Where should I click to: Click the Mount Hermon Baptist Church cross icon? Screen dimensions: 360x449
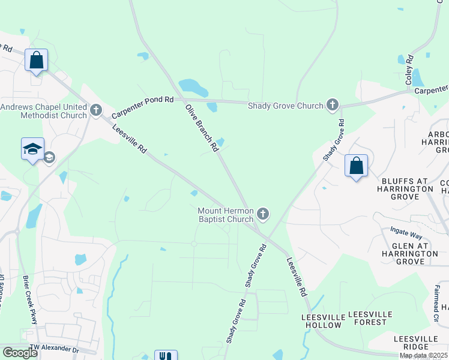(262, 214)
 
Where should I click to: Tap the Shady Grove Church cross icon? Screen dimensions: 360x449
(332, 106)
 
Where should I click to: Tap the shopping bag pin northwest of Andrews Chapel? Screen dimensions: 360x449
(36, 61)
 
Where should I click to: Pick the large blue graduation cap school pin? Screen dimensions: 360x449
(32, 149)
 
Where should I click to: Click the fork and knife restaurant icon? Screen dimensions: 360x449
(166, 356)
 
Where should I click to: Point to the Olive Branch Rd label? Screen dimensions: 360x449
(200, 127)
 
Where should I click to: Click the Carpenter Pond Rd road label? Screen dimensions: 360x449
(142, 106)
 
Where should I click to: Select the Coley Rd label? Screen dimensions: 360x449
(409, 70)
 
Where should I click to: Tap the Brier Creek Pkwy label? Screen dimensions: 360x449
(30, 300)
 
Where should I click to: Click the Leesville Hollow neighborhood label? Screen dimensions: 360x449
(323, 320)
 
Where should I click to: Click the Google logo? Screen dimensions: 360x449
(20, 353)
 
